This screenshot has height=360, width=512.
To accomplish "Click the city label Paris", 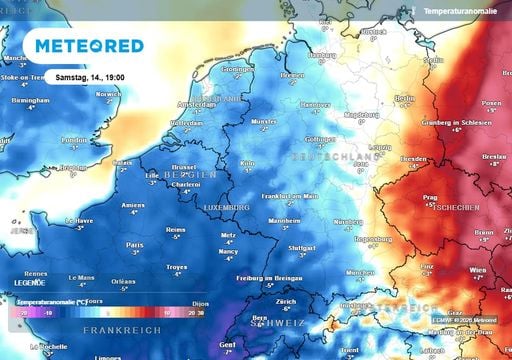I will point(133,243).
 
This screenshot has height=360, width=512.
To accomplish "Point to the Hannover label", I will point(315,103).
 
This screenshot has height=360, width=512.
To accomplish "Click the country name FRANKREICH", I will point(116,329).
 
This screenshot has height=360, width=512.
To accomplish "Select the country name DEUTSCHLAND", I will point(331,157).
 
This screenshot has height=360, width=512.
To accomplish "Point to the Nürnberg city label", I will point(349,222).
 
